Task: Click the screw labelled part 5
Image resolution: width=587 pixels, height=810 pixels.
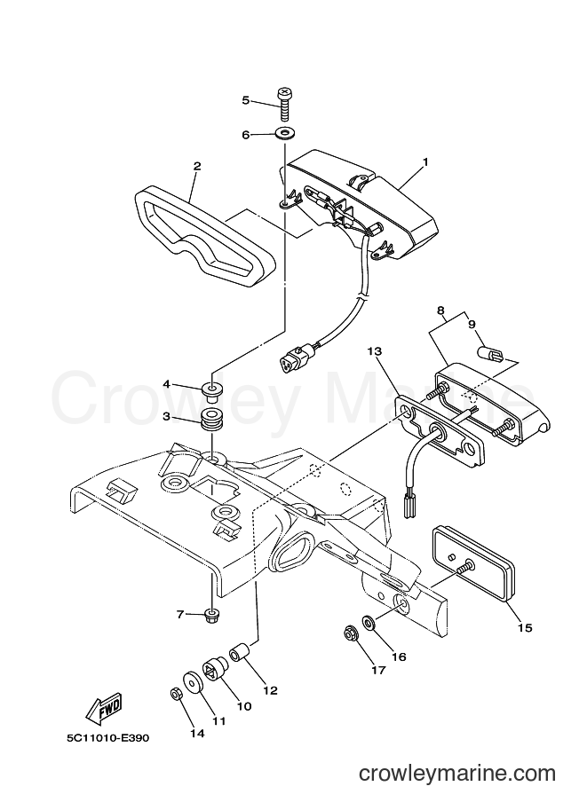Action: pos(284,104)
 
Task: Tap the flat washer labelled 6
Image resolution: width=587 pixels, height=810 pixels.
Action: pos(284,134)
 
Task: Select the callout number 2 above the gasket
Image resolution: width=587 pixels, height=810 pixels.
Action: pos(196,166)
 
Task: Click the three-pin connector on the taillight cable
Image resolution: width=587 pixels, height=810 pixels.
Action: pos(293,357)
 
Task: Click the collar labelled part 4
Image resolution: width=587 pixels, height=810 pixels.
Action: pos(211,389)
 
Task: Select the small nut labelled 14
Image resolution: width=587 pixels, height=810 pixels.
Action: pos(175,695)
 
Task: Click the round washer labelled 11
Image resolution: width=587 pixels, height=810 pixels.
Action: pos(193,682)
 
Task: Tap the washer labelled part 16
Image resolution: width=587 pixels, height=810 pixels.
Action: pos(369,621)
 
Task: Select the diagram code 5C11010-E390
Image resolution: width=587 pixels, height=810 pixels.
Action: pos(107,737)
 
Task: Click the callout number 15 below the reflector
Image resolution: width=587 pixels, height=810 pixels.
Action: pos(525,627)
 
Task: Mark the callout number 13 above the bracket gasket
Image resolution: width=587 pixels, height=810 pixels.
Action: pos(374,351)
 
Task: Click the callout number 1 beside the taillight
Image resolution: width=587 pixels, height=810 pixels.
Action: pos(425,162)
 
